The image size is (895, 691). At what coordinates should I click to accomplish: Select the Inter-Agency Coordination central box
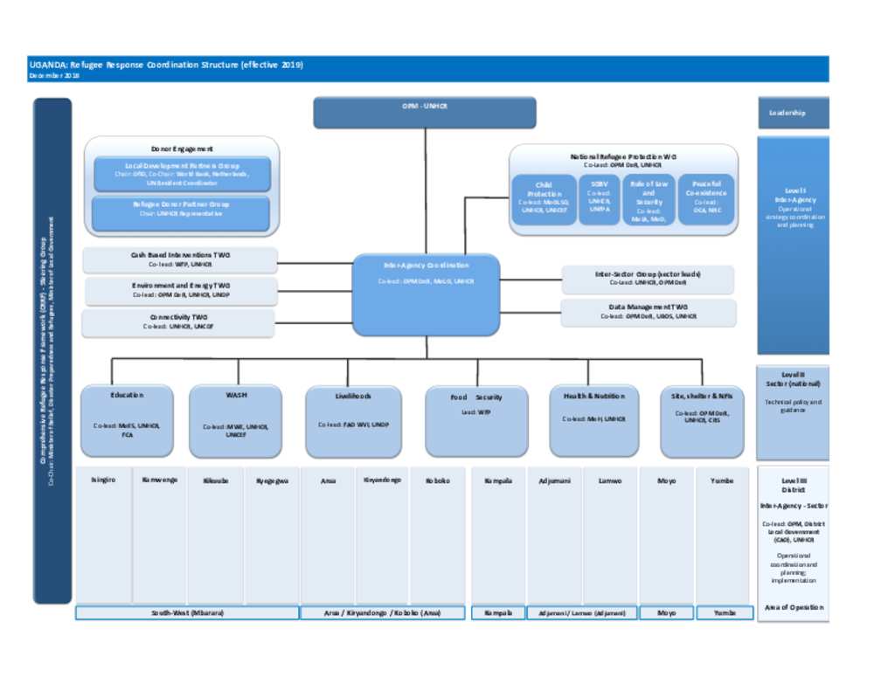tap(426, 294)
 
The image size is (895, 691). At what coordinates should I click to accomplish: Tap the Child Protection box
tap(544, 199)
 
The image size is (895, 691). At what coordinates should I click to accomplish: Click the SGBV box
tap(599, 199)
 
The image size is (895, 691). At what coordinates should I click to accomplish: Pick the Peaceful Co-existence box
tap(705, 199)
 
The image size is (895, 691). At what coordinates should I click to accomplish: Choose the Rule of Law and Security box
tap(649, 200)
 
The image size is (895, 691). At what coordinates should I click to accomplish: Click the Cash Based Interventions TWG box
tap(179, 259)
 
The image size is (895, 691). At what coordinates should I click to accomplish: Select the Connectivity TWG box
tap(178, 322)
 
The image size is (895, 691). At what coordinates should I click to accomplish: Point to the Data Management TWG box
tap(648, 312)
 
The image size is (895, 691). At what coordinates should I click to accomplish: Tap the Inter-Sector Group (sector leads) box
tap(647, 279)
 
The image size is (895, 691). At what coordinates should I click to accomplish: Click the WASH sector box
tap(235, 421)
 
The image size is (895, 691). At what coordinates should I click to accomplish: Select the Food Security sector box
tap(476, 421)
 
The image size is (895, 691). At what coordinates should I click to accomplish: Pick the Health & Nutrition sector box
tap(593, 421)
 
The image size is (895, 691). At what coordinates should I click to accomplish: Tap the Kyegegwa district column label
tap(272, 480)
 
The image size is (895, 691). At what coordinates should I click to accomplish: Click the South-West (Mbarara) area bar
tap(187, 613)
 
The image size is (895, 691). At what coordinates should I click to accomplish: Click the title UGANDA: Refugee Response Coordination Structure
tap(166, 66)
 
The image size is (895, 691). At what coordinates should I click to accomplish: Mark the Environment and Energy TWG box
tap(179, 290)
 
